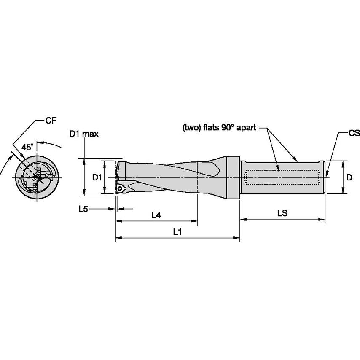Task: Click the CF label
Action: [x=51, y=121]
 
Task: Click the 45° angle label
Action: [x=27, y=147]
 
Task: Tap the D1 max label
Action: [x=84, y=134]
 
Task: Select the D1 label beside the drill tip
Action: [x=97, y=177]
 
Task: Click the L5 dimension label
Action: [x=83, y=208]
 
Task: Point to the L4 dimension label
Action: [x=156, y=215]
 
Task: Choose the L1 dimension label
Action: [x=177, y=232]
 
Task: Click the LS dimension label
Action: [x=282, y=214]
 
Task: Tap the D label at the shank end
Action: [x=349, y=178]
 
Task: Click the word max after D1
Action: [x=90, y=134]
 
